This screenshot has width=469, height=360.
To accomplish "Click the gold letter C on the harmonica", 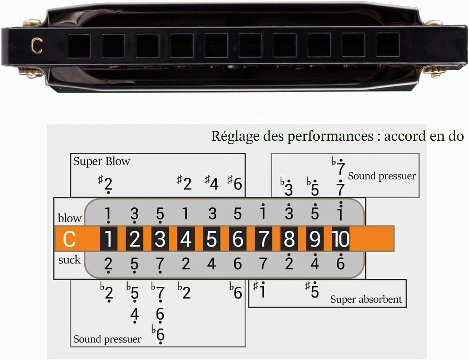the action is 37,45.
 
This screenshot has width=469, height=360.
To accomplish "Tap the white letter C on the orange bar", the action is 69,239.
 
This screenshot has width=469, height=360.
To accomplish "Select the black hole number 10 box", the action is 341,239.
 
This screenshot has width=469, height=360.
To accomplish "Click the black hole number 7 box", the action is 263,239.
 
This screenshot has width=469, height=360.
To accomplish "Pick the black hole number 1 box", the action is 109,239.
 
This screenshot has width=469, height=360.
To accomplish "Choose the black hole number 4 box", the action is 186,239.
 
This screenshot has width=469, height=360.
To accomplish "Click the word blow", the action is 69,218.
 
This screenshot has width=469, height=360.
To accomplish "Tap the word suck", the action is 69,260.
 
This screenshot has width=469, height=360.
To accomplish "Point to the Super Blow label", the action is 102,161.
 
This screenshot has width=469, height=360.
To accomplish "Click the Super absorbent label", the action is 366,299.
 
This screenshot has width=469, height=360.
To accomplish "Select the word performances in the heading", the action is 330,136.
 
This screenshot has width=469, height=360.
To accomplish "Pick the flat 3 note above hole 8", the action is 286,187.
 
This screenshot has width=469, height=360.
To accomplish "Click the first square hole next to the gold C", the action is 79,46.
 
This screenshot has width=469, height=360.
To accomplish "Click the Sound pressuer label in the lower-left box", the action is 107,339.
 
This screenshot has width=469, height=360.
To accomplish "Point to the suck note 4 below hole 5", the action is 211,264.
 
